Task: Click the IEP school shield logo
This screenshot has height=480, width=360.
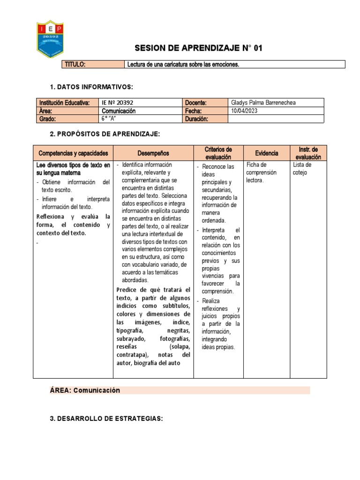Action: pos(50,39)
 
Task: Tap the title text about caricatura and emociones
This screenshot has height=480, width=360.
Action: pos(183,65)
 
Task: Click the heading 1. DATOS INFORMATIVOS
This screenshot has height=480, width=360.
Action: pos(91,87)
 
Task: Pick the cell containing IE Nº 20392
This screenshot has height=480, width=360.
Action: pos(114,103)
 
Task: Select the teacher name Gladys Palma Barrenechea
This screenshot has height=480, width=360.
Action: pos(263,103)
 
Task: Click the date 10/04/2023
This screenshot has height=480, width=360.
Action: pos(244,111)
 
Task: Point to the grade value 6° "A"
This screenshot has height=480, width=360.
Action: pos(109,119)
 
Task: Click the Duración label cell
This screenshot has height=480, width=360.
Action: pos(196,119)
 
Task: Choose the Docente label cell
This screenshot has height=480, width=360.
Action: pos(196,103)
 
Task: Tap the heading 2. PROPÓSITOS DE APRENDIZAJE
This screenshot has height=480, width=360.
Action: pos(105,135)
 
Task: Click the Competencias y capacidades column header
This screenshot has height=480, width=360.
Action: pos(73,153)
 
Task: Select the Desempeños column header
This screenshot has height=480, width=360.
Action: pos(153,153)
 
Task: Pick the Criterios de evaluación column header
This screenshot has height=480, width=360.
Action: pos(218,153)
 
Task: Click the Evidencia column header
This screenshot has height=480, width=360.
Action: pos(267,153)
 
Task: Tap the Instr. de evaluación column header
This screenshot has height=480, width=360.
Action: pos(308,153)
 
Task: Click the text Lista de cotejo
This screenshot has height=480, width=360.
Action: pos(302,169)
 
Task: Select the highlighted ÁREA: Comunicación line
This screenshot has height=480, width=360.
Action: pos(85,390)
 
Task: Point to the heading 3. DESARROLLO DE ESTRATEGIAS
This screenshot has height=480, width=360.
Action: pos(106,419)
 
